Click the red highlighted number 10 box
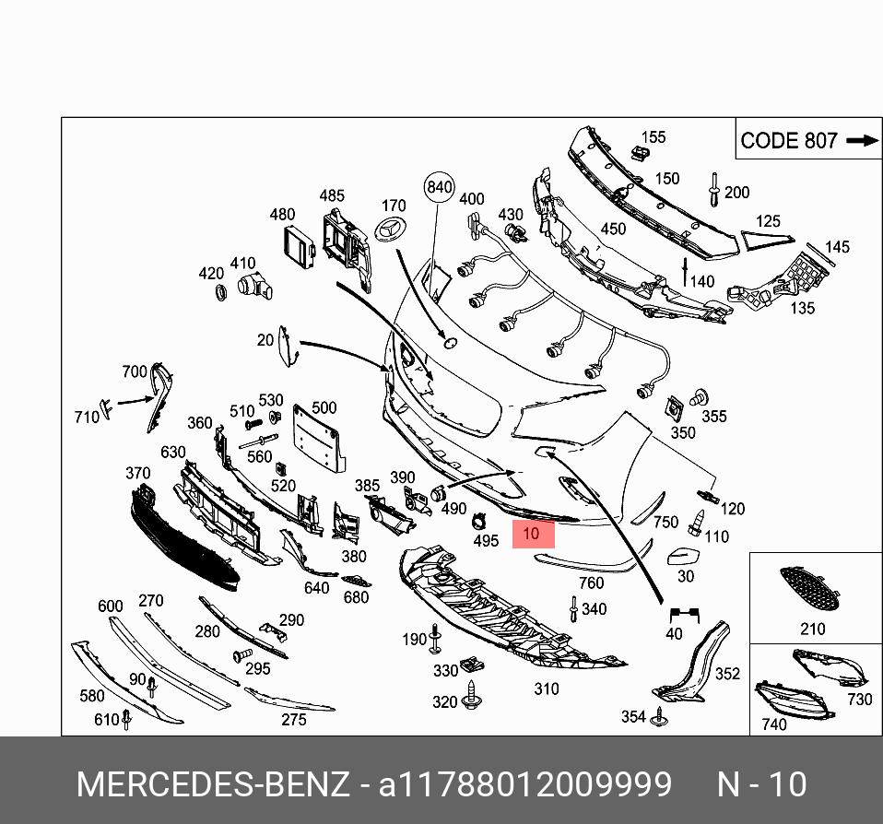[533, 534]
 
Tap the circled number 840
[440, 187]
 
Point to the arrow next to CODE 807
[862, 141]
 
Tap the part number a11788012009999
[525, 784]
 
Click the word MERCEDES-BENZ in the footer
[213, 784]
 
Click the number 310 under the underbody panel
[547, 689]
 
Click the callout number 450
[613, 230]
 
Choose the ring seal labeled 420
[221, 293]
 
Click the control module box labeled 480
[300, 244]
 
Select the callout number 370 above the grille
[137, 474]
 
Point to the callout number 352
[727, 674]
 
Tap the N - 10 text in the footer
[761, 784]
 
